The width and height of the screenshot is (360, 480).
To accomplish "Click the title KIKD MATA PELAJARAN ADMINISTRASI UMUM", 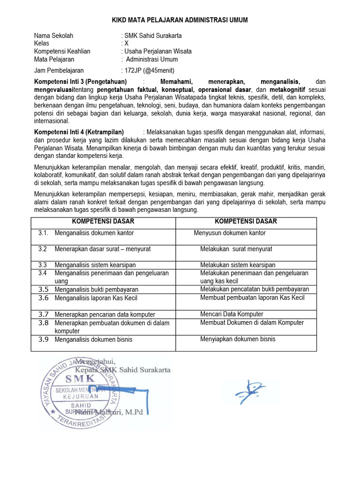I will point(180,20).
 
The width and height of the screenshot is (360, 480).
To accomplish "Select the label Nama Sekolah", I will point(53,36).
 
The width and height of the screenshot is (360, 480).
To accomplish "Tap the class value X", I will point(126,44).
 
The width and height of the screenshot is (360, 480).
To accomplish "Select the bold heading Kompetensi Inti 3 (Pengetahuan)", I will point(81,81).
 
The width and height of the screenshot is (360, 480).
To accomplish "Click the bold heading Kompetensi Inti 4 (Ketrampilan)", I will point(79,132).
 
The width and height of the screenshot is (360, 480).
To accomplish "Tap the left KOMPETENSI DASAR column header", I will point(103,221).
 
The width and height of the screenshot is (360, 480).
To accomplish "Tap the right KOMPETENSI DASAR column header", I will point(246,221).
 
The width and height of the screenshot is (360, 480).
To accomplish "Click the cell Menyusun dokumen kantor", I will point(230,232).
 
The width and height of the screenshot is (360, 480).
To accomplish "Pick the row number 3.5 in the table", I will point(44,289).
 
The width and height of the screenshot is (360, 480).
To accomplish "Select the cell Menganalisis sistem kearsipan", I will point(96,265).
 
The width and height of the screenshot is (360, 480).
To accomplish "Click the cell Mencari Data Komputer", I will point(232,314).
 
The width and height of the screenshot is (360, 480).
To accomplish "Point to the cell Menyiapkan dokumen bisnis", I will point(238,339).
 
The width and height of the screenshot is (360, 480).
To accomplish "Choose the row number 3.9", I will point(44,339).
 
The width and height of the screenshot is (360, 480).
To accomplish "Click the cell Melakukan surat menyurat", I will point(236,249).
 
